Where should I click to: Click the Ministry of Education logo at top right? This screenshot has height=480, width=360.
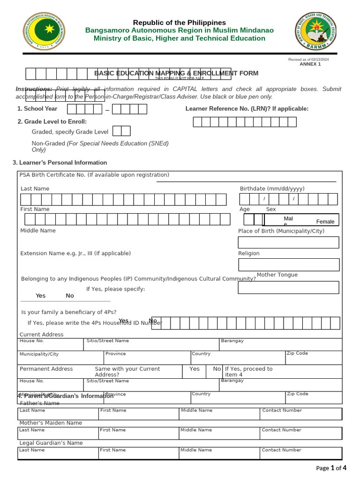coord(315,31)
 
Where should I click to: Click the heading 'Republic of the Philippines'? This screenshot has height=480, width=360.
coord(179,22)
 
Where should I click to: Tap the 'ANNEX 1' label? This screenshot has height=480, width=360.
coord(310,64)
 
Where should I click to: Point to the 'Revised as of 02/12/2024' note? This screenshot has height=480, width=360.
coord(308,60)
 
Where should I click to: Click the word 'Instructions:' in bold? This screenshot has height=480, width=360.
coord(34,89)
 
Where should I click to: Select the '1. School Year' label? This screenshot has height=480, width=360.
coord(37,109)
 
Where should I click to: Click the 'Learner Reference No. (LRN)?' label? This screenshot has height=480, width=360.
coord(247,109)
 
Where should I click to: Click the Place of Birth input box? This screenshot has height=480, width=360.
coord(288,242)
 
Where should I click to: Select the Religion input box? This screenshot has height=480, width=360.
coord(288,264)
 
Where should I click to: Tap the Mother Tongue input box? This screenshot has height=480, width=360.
coord(288,287)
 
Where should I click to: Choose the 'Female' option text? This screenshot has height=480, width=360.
coord(325,222)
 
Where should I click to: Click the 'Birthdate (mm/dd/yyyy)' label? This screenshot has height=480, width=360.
coord(272,189)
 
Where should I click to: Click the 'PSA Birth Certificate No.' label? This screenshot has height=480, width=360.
coord(94,175)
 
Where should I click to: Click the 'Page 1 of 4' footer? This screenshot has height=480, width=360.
coord(331,468)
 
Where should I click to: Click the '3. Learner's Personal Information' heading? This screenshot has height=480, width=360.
coord(60,163)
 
